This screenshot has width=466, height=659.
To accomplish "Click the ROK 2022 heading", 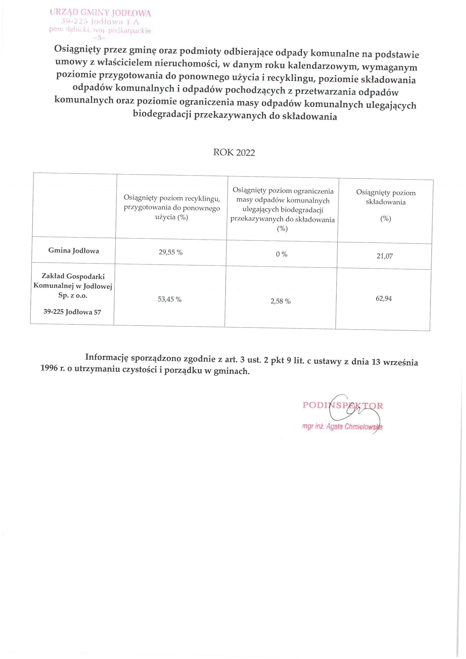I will [x=234, y=152].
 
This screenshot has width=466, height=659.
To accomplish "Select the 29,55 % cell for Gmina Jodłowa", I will [x=171, y=252].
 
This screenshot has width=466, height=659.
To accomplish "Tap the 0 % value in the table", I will [x=281, y=254].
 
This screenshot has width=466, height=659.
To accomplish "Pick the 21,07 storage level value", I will [x=385, y=256].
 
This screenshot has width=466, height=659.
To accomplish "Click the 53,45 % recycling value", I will [x=169, y=299].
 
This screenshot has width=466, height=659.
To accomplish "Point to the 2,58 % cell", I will [x=280, y=301].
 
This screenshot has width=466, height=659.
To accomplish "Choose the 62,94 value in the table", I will [x=384, y=298].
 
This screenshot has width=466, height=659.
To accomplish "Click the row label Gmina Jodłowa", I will [x=74, y=251].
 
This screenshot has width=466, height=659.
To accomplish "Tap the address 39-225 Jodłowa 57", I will [x=72, y=312].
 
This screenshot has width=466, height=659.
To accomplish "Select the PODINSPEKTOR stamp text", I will [x=343, y=405].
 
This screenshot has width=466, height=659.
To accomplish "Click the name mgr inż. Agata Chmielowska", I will [x=342, y=426].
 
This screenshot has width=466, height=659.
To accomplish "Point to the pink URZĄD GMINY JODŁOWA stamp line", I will [x=100, y=13].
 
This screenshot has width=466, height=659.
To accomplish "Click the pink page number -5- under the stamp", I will [x=100, y=37].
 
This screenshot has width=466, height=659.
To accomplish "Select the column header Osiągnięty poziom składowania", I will [x=386, y=197].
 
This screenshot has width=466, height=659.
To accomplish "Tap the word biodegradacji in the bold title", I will [x=162, y=114].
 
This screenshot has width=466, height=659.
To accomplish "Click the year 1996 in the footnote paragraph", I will [x=49, y=368].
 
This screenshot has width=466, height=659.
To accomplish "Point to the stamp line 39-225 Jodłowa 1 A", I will [x=100, y=21].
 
